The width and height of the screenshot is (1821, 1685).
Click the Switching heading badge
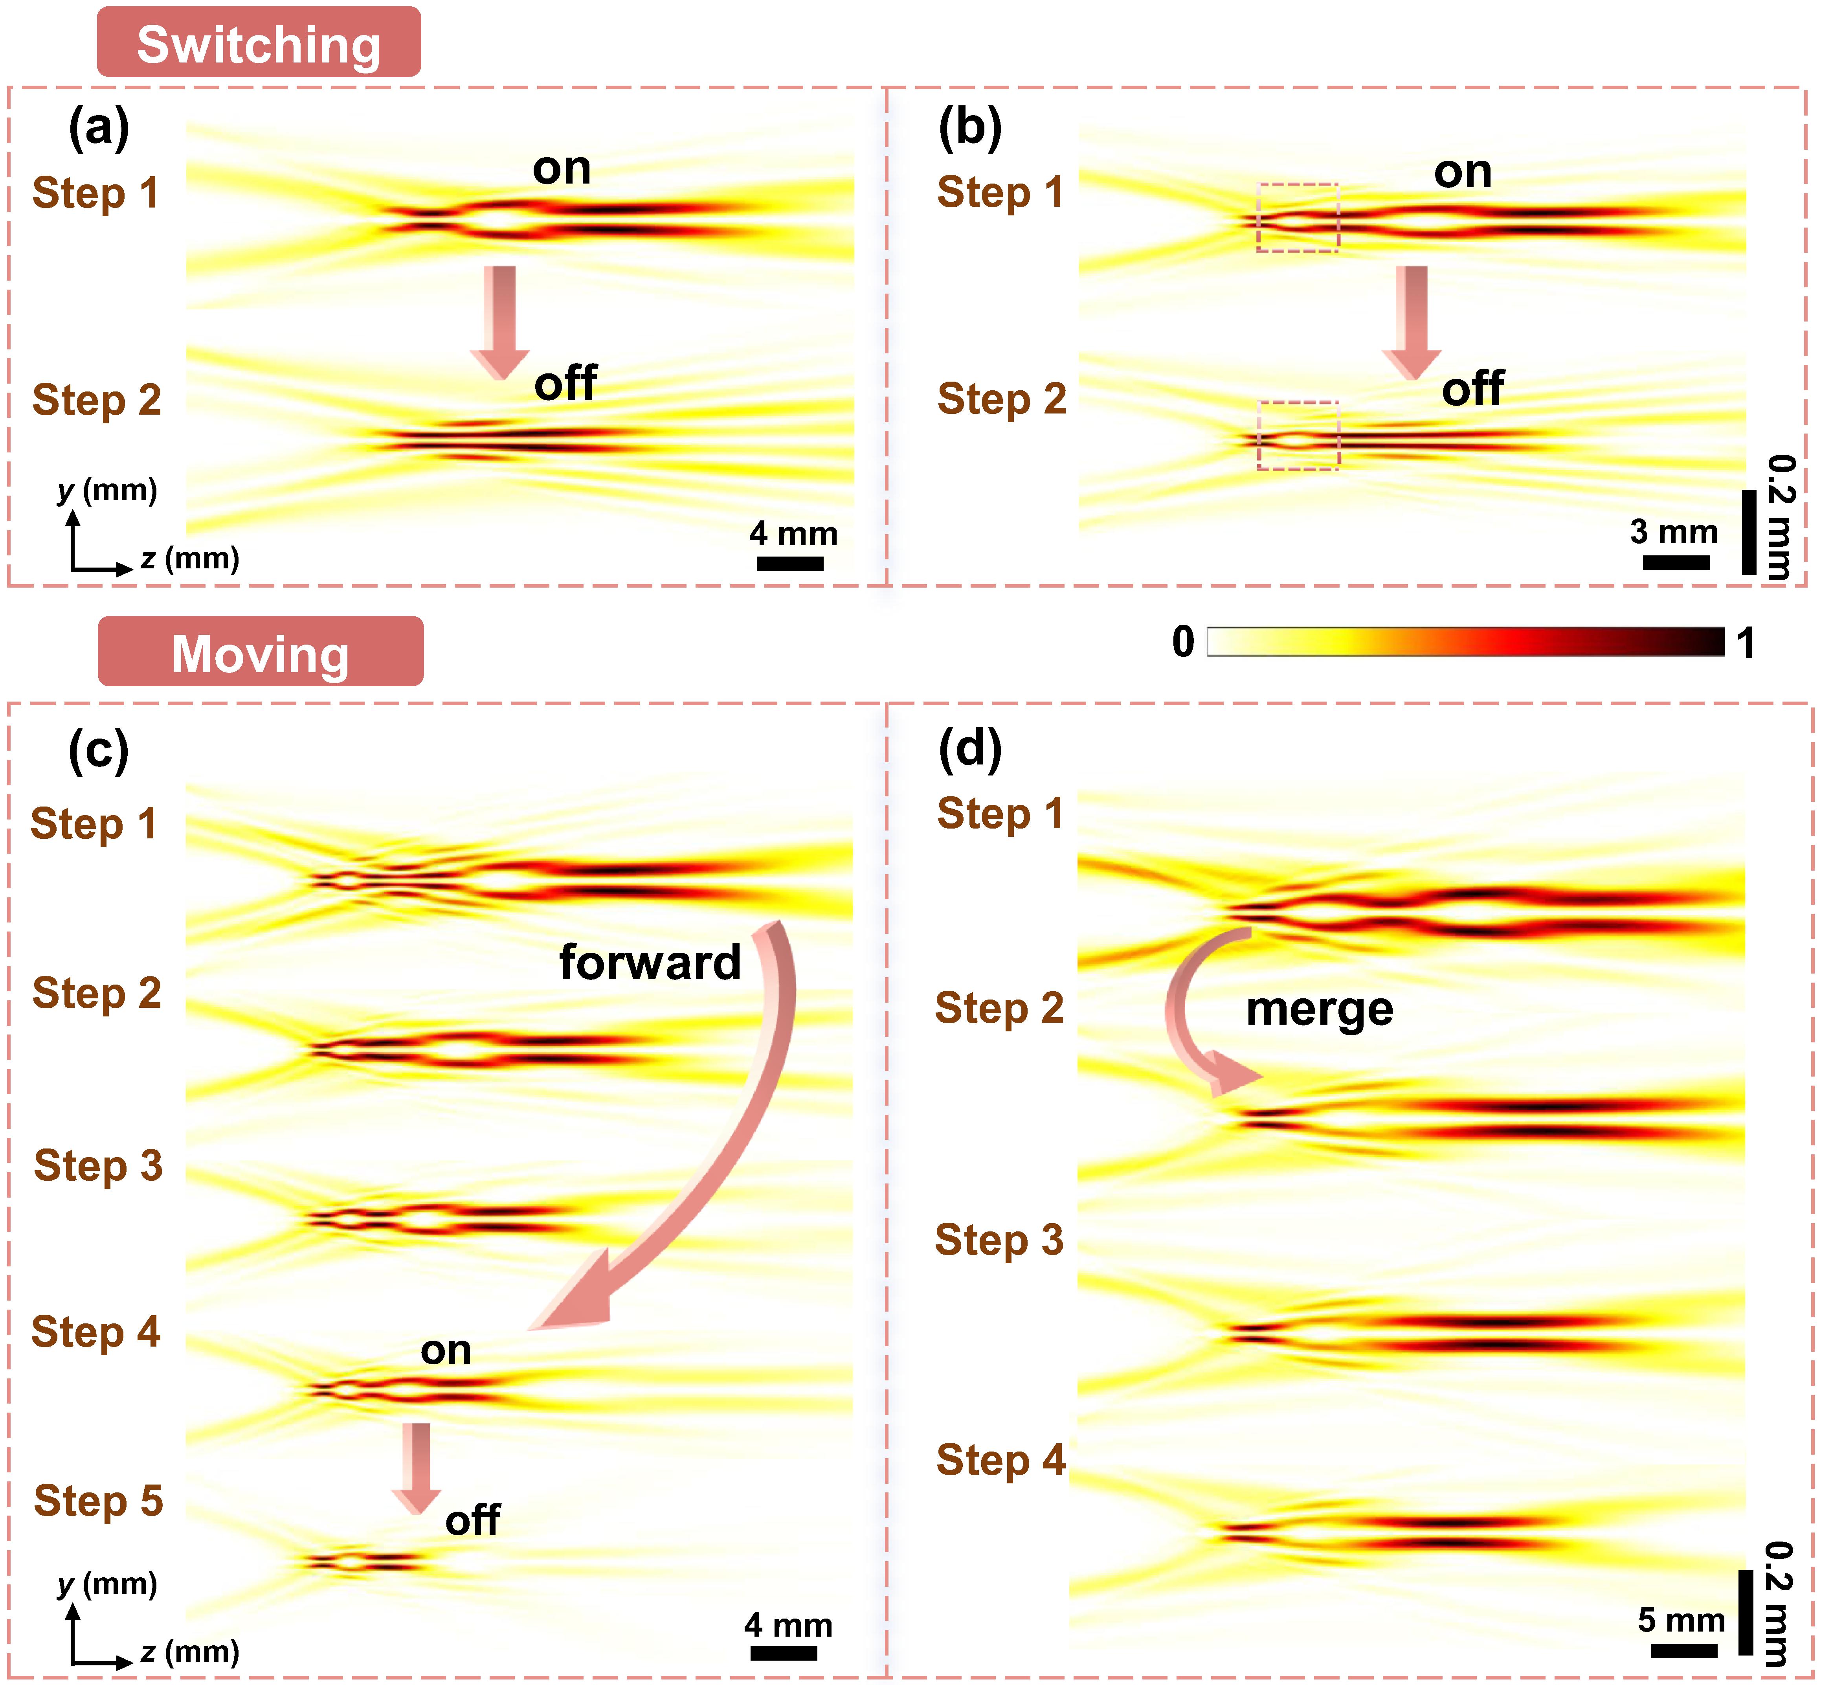click(x=259, y=43)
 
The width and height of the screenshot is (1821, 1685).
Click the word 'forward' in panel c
click(x=650, y=962)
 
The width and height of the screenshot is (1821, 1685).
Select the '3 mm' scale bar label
click(x=1673, y=531)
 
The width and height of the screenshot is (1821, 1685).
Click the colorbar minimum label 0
click(x=1183, y=642)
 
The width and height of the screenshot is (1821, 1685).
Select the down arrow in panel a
click(x=499, y=321)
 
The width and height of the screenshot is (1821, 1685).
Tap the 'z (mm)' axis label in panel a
click(x=189, y=558)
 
